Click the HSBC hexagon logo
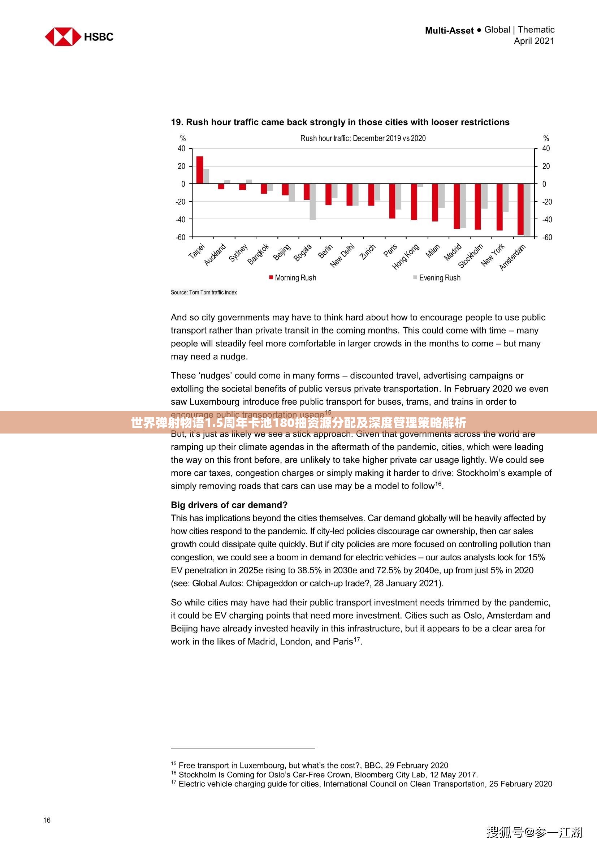tap(62, 37)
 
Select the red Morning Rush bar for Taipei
tap(200, 170)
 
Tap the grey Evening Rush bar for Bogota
tap(313, 202)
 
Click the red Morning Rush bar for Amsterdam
tap(520, 209)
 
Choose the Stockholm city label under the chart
tap(471, 256)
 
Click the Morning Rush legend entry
tap(293, 278)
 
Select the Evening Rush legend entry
tap(437, 278)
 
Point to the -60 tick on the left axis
tap(180, 237)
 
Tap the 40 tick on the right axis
tap(546, 149)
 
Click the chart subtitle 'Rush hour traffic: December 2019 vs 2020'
tap(363, 138)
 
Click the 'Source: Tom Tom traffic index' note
tap(204, 293)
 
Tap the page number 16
tap(47, 820)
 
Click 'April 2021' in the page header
tap(534, 41)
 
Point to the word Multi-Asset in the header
tap(449, 31)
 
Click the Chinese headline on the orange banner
tap(298, 423)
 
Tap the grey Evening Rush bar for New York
tap(506, 198)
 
